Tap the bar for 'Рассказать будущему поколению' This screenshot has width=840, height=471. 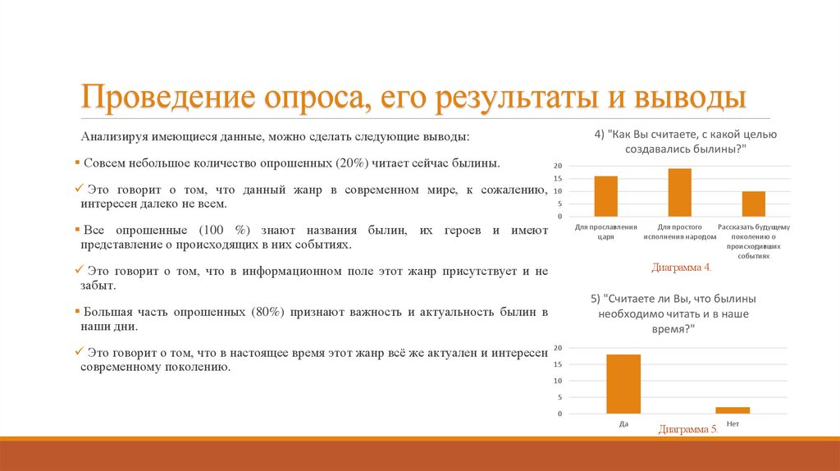[754, 203]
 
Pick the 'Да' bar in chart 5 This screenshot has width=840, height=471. [623, 384]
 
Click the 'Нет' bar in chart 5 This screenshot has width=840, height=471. [733, 410]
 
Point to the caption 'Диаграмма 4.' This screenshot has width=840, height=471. [682, 268]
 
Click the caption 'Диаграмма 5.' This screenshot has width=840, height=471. [688, 429]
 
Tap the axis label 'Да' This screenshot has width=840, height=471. [623, 423]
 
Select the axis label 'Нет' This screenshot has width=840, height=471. [733, 423]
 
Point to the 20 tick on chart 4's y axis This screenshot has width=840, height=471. [558, 166]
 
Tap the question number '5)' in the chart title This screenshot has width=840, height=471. [596, 298]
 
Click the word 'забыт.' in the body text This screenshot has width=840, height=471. [98, 286]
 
